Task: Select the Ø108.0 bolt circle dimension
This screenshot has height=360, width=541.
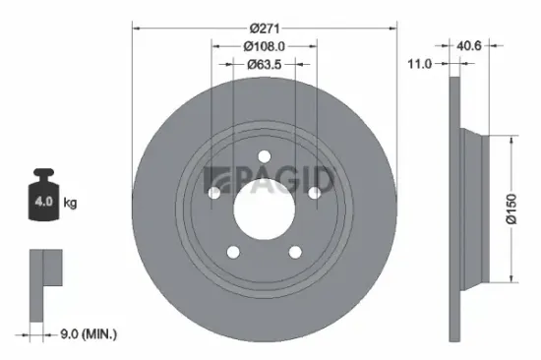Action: tap(266, 45)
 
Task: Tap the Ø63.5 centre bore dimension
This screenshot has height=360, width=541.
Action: tap(266, 65)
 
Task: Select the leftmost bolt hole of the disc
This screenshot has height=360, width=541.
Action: tap(212, 195)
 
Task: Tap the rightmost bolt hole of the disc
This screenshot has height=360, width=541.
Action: tap(315, 194)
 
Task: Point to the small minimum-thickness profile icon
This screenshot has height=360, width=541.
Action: tap(45, 280)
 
